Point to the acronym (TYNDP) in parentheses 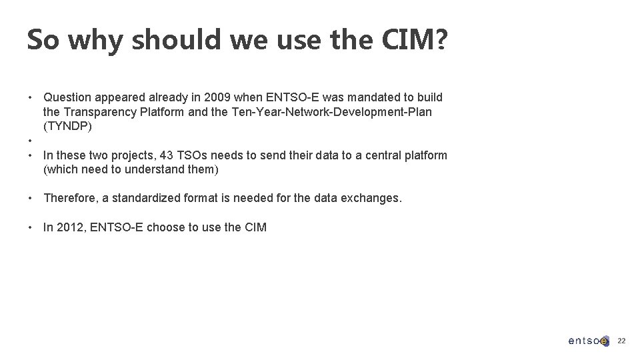point(67,126)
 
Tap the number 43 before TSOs point(167,155)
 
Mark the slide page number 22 point(621,341)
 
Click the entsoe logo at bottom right point(588,341)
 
